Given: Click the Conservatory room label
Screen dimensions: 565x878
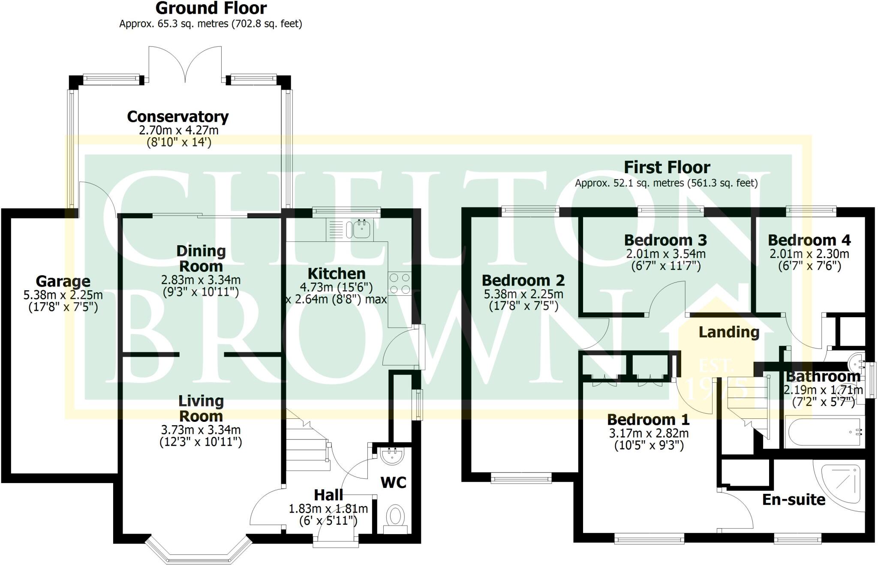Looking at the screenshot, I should (x=178, y=117).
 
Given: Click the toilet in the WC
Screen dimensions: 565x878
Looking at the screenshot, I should (x=395, y=516).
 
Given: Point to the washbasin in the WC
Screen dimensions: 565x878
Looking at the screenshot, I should (x=391, y=456).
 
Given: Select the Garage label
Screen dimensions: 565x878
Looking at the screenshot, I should (x=63, y=282).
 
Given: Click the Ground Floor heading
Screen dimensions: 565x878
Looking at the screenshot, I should (x=211, y=9).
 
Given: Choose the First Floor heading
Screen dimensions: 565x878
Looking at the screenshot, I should (x=667, y=167).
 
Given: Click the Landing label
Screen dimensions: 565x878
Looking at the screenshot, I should (x=729, y=332).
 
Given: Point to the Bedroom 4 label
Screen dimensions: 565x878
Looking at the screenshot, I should (x=809, y=240).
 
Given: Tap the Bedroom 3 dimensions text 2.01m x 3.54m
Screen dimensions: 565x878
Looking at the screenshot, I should (x=666, y=254).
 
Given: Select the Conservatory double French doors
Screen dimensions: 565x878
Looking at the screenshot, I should (x=185, y=64).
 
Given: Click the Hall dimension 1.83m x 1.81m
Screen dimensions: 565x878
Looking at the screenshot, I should (x=328, y=509).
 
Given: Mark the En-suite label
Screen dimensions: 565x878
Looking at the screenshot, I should (x=794, y=500).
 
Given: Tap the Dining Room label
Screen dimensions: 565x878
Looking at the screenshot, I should (x=201, y=258).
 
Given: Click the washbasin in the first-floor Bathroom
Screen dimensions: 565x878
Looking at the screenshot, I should (x=856, y=363).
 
